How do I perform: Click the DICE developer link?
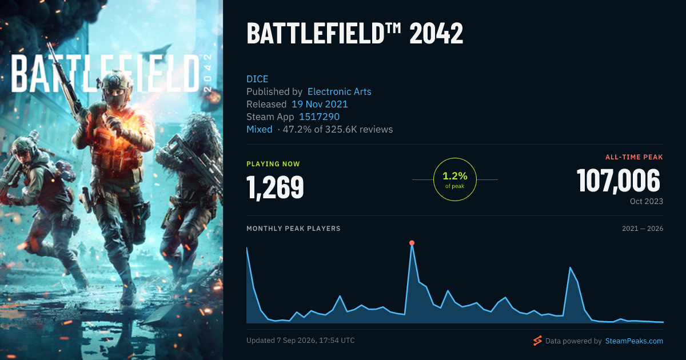[x=257, y=79]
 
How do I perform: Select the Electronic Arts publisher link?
[x=340, y=91]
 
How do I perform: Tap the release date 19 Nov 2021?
[x=320, y=104]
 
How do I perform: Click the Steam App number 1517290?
[x=319, y=117]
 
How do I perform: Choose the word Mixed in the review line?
[x=260, y=129]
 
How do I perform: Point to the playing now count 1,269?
[x=275, y=187]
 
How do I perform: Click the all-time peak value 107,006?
[x=619, y=181]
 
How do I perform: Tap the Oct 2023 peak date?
[x=647, y=201]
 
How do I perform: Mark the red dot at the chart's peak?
[x=412, y=243]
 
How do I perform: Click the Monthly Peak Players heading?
[x=293, y=229]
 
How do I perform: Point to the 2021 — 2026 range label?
[x=643, y=229]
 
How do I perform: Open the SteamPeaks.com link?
[x=634, y=341]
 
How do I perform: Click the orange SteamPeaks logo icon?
[x=537, y=341]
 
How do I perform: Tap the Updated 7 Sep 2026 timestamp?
[x=301, y=341]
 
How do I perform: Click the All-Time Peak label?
[x=634, y=157]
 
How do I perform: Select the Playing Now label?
[x=273, y=164]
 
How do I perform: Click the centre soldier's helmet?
[x=116, y=79]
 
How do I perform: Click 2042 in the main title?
[x=436, y=33]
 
